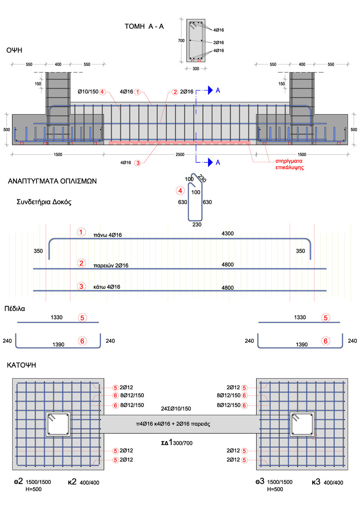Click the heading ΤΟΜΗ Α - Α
point(144,27)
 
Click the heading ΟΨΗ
point(14,50)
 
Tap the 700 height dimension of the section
point(181,41)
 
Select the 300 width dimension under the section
point(196,68)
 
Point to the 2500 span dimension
point(180,154)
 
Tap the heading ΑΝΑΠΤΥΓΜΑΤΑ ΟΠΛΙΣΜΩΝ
point(53,181)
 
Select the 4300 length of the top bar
point(228,234)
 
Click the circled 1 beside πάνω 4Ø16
point(81,232)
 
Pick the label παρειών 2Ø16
point(111,266)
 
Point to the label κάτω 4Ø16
point(107,287)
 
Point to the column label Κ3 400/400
point(327,482)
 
